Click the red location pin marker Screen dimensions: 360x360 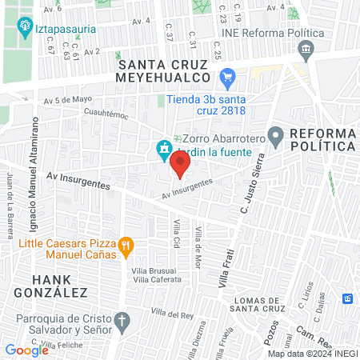[x=181, y=165]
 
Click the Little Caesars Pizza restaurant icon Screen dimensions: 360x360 [x=125, y=246]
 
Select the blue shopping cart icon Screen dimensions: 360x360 [x=228, y=78]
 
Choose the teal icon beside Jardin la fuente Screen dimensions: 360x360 [x=164, y=149]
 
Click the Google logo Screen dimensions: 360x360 [x=26, y=350]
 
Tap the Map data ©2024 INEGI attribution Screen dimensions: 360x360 [x=312, y=354]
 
